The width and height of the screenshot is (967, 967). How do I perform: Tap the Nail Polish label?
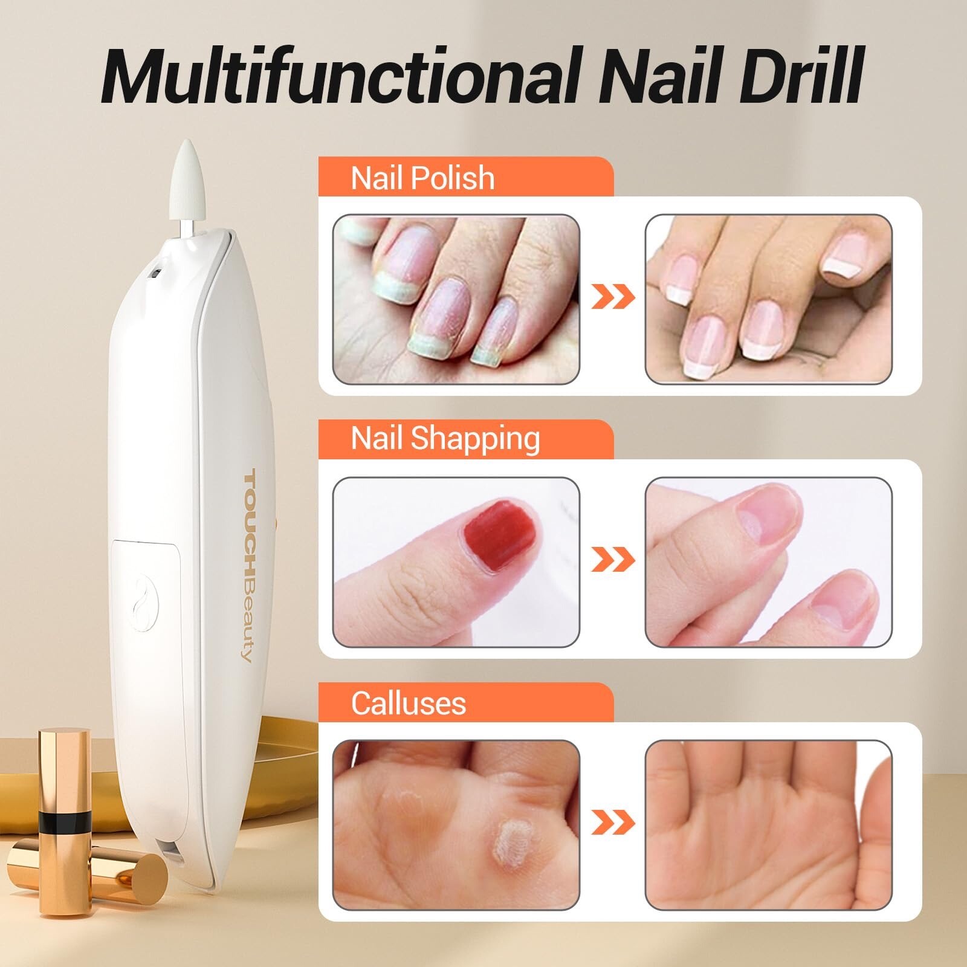point(422,178)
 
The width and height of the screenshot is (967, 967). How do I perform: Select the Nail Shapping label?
point(445,439)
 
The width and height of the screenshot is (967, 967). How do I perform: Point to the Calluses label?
point(409,703)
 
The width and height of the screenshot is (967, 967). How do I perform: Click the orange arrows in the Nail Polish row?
point(613,297)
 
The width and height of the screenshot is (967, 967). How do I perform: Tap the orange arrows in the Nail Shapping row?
point(613,560)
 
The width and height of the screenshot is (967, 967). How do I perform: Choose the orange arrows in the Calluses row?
point(613,823)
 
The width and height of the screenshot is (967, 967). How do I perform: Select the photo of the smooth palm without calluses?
point(769,824)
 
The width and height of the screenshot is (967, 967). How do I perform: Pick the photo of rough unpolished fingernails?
point(456,299)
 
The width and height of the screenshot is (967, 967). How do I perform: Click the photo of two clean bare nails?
point(769,562)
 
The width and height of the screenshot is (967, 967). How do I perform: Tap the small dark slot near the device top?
point(154,273)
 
